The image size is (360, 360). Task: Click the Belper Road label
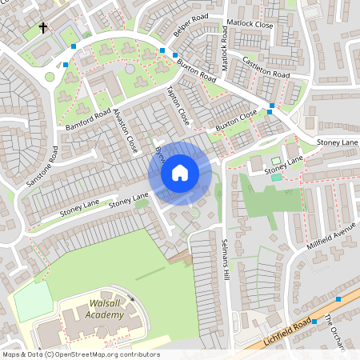(x=190, y=26)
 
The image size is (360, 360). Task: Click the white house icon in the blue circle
(x=180, y=173)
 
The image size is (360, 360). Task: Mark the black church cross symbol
(x=43, y=29)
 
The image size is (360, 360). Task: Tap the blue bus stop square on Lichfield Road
(x=338, y=298)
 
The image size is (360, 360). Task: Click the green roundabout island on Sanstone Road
(x=50, y=77)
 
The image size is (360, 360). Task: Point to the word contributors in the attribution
(x=138, y=354)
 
